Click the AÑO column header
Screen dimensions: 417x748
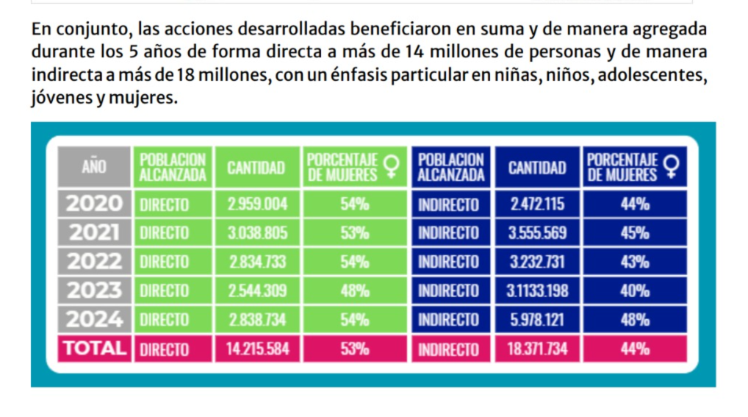(94, 167)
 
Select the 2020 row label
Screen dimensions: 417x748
(94, 204)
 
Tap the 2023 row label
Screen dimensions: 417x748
(94, 291)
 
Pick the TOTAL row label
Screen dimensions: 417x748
(94, 349)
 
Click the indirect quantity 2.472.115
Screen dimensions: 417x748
(538, 204)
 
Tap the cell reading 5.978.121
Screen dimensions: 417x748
(538, 320)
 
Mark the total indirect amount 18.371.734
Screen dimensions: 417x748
(538, 349)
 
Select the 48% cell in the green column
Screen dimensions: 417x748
(354, 291)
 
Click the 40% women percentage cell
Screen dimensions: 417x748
(634, 291)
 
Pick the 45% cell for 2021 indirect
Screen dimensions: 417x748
(634, 233)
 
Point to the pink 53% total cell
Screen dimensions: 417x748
(354, 349)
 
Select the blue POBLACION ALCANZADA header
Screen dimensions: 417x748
(451, 167)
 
